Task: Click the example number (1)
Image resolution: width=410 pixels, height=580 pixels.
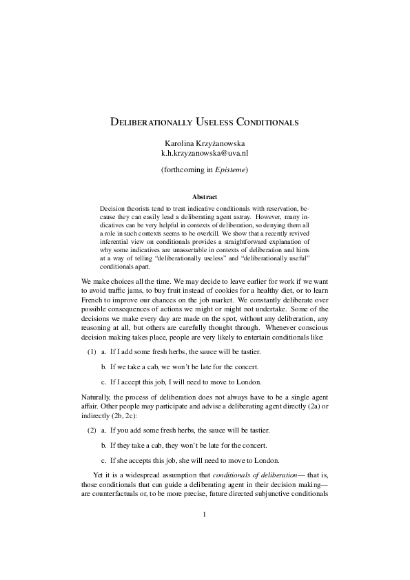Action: [x=91, y=353]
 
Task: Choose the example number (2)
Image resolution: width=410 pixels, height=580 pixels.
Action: [x=91, y=430]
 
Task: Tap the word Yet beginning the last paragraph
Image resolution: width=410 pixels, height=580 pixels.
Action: [x=100, y=475]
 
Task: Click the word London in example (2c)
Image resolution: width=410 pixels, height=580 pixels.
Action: [x=267, y=461]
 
